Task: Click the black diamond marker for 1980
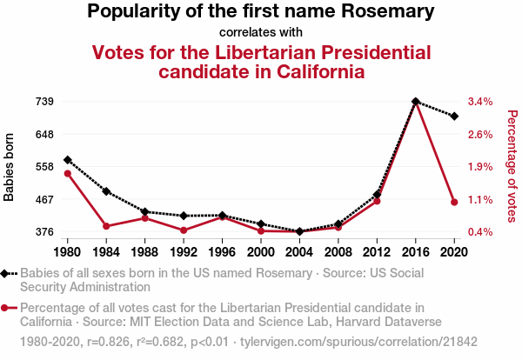(67, 160)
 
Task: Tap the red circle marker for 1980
(67, 174)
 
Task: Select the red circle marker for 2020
(454, 203)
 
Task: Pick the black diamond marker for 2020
(454, 116)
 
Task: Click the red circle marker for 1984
(106, 226)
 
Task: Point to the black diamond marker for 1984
(106, 191)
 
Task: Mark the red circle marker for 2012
(377, 201)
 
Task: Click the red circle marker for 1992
(184, 230)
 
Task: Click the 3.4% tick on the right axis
(480, 102)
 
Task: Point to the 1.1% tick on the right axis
(480, 199)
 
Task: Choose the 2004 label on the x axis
(299, 252)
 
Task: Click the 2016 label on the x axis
(416, 252)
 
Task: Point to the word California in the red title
(309, 71)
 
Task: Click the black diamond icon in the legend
(6, 272)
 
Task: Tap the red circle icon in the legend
(6, 308)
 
